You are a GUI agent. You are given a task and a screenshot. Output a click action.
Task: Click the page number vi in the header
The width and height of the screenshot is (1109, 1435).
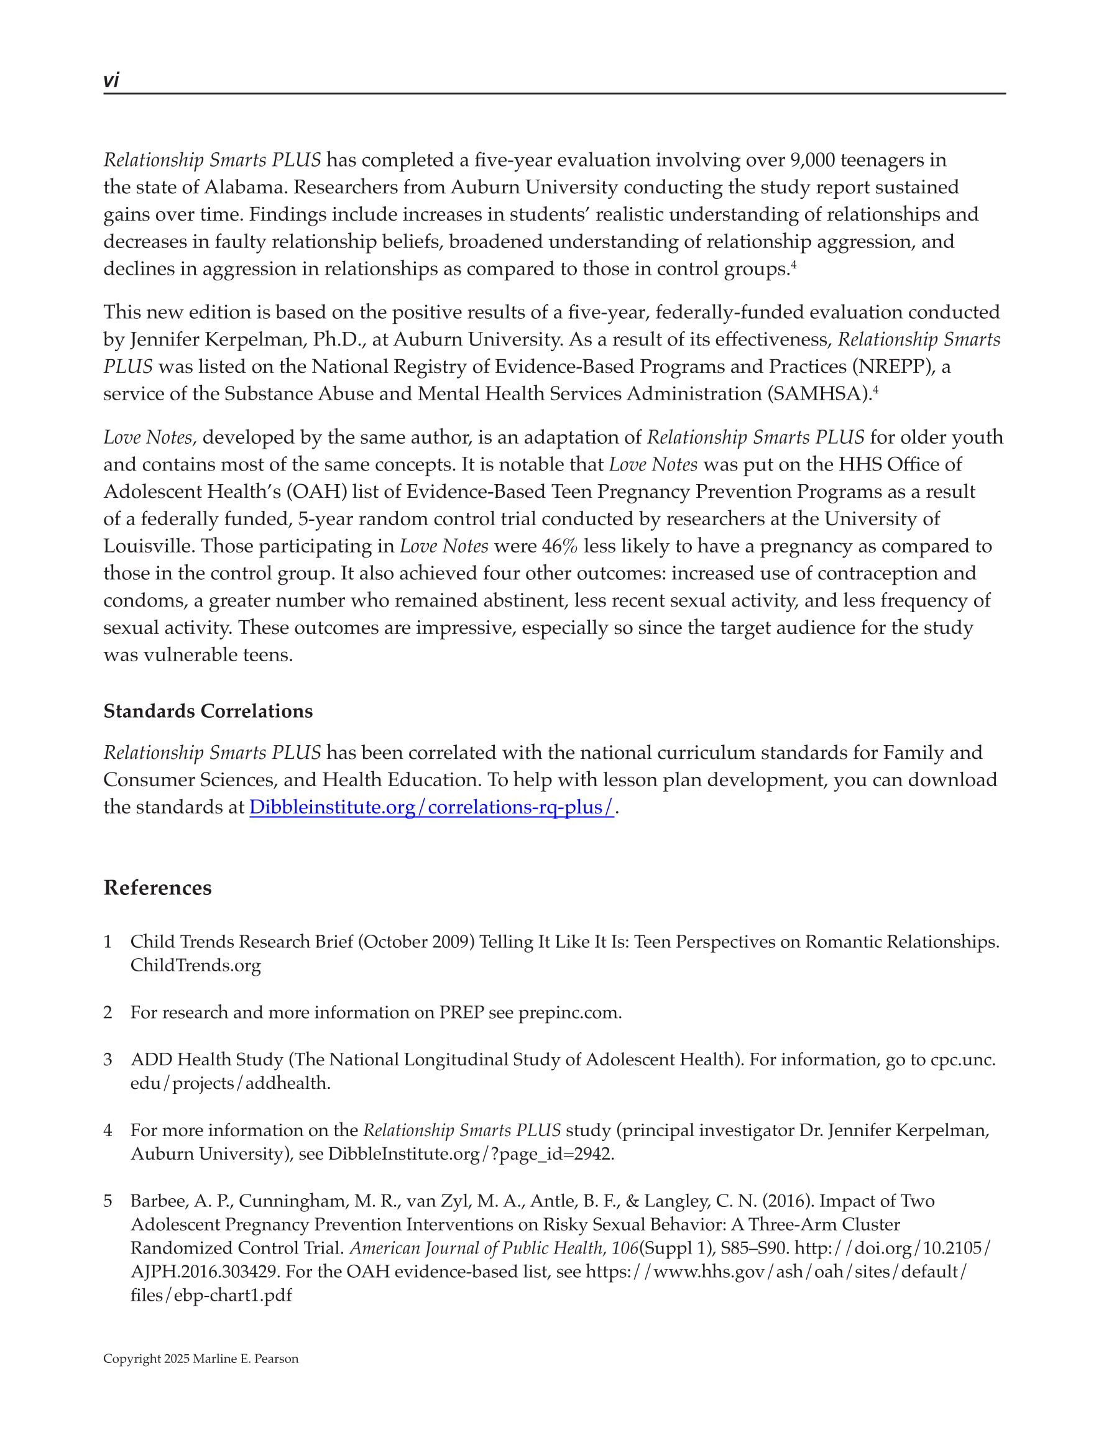pos(111,80)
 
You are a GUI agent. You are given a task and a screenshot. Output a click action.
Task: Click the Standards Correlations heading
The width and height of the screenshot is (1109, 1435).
pos(208,711)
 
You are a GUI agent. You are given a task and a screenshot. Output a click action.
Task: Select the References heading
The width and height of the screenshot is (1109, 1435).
pos(157,887)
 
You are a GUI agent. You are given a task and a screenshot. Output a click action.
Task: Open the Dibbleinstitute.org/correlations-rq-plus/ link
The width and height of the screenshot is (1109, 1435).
pos(431,807)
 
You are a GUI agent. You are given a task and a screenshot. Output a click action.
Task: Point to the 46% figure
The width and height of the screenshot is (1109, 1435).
pos(559,546)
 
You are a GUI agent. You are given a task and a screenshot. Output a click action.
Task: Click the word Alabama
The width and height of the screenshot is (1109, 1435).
pos(244,187)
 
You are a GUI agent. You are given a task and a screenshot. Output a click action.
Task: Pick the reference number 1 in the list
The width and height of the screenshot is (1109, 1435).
pos(108,942)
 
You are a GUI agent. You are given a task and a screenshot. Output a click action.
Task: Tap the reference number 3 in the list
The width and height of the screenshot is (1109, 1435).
pos(108,1059)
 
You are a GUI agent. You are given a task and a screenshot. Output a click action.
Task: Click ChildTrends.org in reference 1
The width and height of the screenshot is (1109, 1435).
pos(195,965)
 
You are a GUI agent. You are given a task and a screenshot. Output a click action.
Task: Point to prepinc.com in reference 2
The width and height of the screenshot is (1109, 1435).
pos(569,1012)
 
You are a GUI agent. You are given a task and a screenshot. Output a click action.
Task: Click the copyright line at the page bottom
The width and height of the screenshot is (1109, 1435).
pos(201,1359)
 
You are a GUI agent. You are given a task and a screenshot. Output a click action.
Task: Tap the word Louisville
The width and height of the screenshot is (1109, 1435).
pos(149,546)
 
